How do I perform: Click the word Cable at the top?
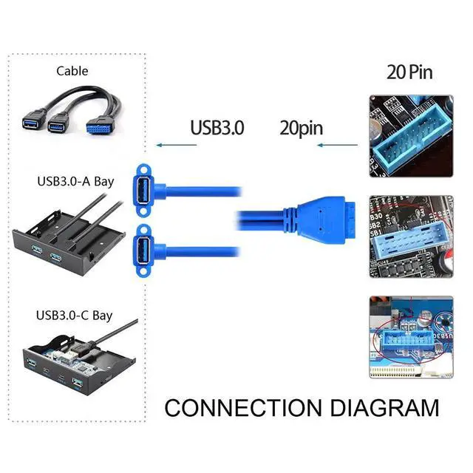[x=72, y=72]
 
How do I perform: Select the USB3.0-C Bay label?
[x=75, y=316]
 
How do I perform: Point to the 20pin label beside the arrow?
[x=301, y=127]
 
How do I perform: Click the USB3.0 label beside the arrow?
[x=217, y=127]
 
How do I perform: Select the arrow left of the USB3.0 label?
[x=176, y=146]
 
